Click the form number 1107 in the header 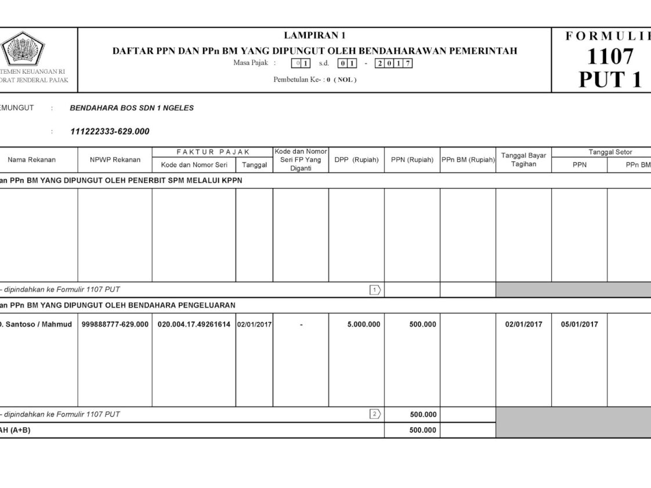click(x=609, y=57)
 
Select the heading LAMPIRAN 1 click(x=314, y=36)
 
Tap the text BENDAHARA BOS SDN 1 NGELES click(x=132, y=108)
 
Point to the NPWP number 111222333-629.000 click(x=110, y=132)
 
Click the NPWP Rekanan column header click(x=115, y=160)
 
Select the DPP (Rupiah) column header click(x=356, y=160)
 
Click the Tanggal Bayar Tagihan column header click(x=523, y=160)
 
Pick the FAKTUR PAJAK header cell click(x=212, y=152)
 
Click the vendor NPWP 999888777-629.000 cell click(x=115, y=324)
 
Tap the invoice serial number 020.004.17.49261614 click(x=194, y=324)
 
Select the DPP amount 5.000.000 click(x=364, y=324)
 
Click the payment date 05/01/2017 click(x=579, y=324)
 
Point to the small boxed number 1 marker click(x=375, y=290)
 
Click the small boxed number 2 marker click(x=375, y=414)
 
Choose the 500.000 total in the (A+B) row click(x=422, y=430)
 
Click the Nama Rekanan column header click(x=32, y=160)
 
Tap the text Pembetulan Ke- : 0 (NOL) click(x=315, y=79)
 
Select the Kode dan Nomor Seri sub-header click(x=193, y=165)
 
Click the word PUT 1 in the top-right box click(x=610, y=79)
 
